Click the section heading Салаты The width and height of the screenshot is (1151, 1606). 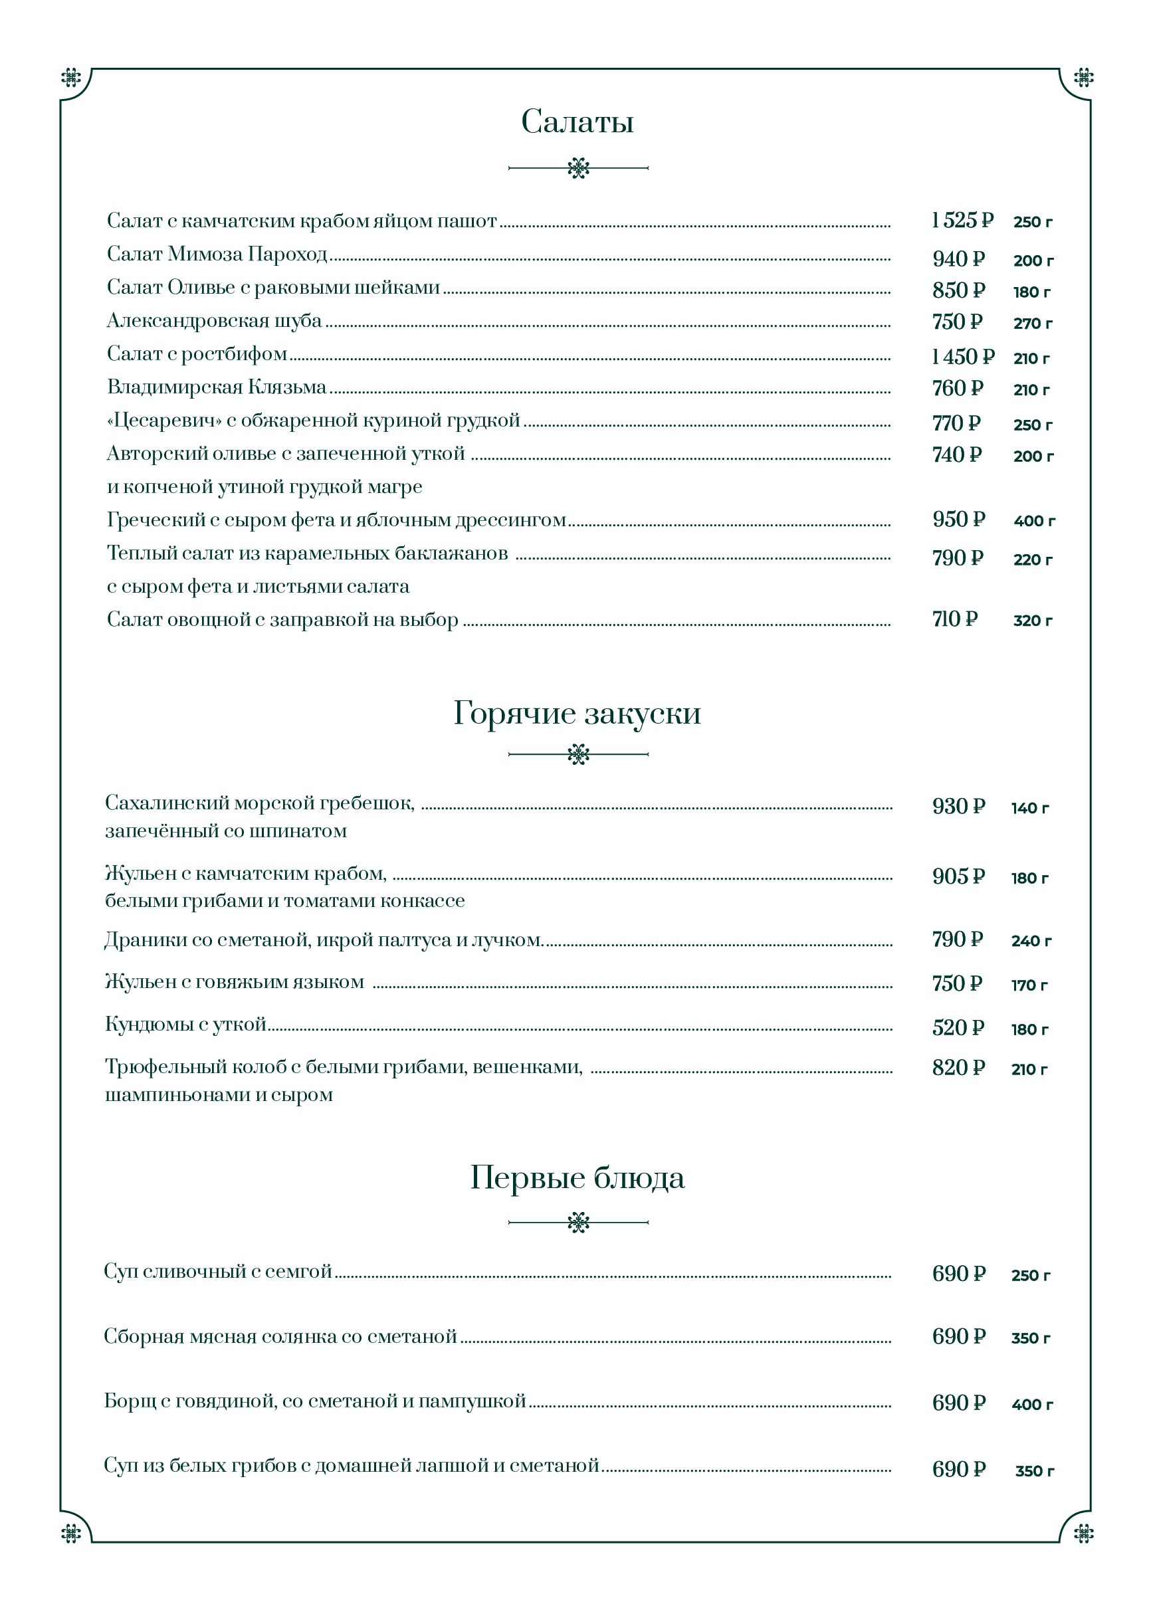coord(577,122)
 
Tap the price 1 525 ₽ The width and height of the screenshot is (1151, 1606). coord(961,221)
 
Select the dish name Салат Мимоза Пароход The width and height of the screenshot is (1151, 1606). coord(217,254)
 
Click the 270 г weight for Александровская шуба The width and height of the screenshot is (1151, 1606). coord(1032,324)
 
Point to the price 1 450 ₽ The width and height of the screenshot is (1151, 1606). coord(962,357)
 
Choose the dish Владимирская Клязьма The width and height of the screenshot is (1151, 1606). coord(216,387)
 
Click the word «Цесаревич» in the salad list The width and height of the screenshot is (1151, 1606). coord(163,421)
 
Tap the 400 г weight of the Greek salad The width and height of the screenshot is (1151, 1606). coord(1033,521)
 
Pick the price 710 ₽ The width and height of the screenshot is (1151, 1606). coord(954,619)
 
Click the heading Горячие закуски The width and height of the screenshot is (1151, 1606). coord(577,713)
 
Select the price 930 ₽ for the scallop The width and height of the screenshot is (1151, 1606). coord(958,807)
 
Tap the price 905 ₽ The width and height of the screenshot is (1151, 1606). coord(958,876)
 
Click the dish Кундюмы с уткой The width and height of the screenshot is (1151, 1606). coord(185,1024)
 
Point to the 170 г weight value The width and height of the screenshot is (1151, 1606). coord(1029,985)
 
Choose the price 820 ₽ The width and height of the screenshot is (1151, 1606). coord(958,1068)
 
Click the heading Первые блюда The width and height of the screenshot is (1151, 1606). coord(577,1177)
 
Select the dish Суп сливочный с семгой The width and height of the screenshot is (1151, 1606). coord(217,1271)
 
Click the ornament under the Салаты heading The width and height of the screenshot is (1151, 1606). coord(578,168)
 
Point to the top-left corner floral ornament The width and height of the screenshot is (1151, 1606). coord(71,77)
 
